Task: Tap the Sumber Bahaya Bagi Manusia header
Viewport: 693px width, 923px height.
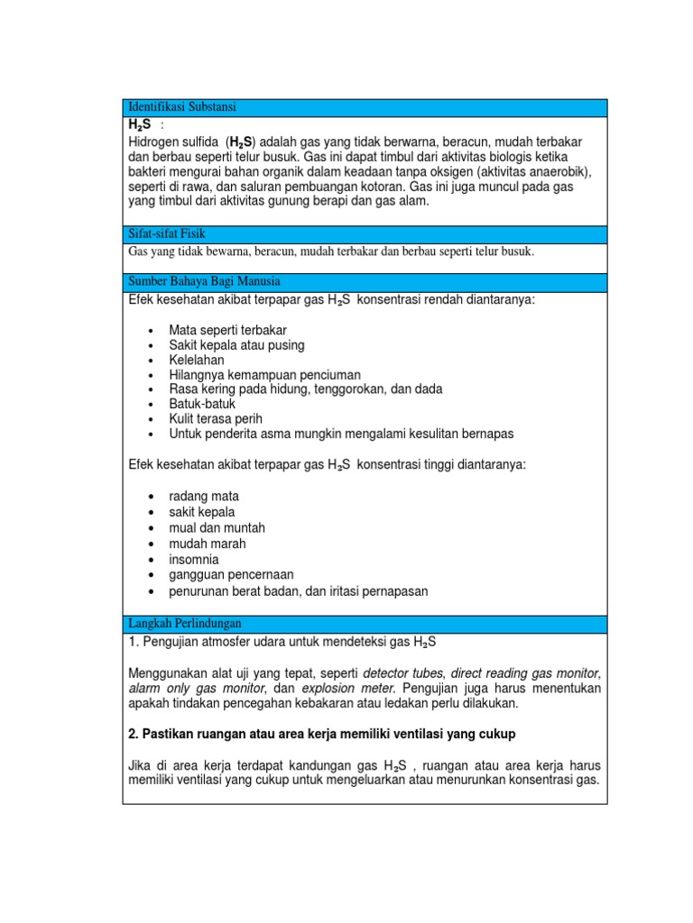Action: tap(205, 281)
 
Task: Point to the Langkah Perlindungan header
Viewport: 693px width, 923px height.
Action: tap(186, 624)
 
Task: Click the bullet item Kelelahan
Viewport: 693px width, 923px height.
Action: tap(197, 360)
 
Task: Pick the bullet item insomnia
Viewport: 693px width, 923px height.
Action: tap(194, 560)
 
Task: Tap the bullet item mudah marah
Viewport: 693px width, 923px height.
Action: tap(208, 544)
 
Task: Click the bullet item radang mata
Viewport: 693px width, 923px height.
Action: tap(204, 497)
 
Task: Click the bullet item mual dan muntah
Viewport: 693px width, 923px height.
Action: tap(217, 528)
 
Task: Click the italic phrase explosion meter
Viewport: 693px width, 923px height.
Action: tap(340, 688)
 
